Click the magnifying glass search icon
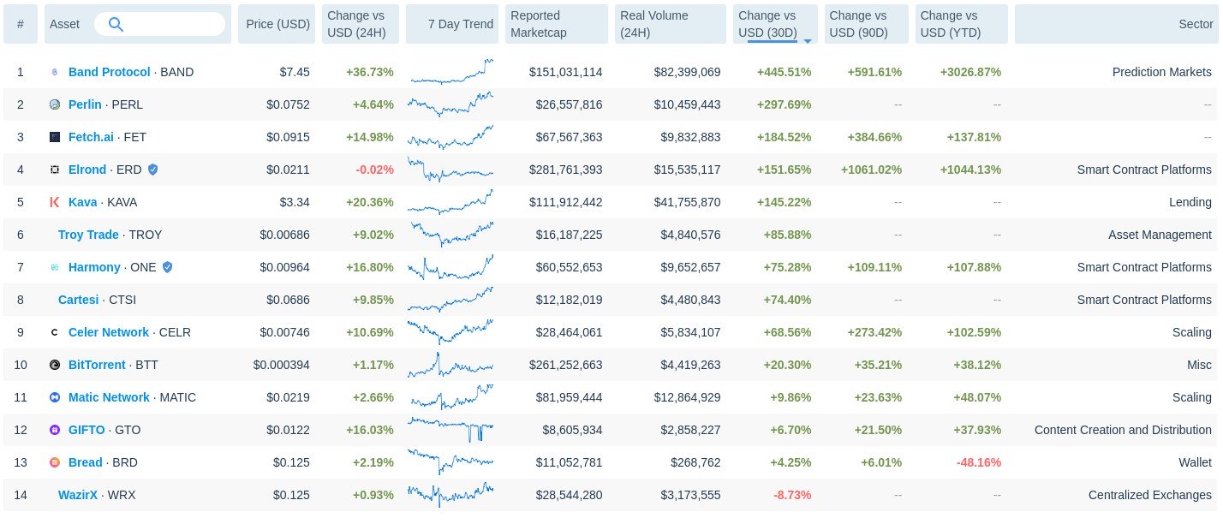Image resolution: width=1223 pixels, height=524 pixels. [116, 24]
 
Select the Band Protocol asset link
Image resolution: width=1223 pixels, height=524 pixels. [109, 72]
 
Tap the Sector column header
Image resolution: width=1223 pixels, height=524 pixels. [1195, 24]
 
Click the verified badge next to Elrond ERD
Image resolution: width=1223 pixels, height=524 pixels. [152, 170]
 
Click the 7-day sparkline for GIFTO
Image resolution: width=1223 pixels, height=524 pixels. [450, 430]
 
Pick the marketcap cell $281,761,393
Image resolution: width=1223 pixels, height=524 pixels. [556, 170]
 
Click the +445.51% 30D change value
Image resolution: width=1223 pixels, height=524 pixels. [784, 72]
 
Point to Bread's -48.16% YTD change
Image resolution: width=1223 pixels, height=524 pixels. [972, 462]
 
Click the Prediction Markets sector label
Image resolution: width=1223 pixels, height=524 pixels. [1161, 72]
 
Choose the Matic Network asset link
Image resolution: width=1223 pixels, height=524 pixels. [109, 397]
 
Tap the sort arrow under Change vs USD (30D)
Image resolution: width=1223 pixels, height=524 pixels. [807, 40]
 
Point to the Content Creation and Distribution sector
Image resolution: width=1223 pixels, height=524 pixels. [1123, 430]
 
